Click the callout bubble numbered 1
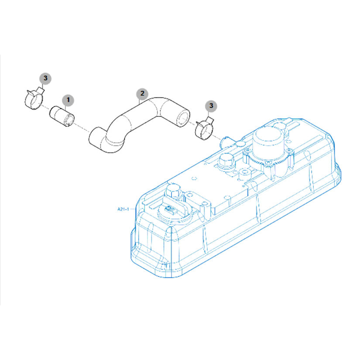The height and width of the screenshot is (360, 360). point(68,100)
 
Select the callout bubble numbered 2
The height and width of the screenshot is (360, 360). point(142,93)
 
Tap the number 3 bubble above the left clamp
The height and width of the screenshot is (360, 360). point(45,78)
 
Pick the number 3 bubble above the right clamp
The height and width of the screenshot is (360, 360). point(211,106)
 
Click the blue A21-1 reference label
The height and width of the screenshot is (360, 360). point(123,209)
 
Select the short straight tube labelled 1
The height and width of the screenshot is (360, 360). point(62,116)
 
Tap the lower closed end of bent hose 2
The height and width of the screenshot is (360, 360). point(96,138)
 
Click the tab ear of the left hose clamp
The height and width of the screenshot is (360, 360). point(41,90)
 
